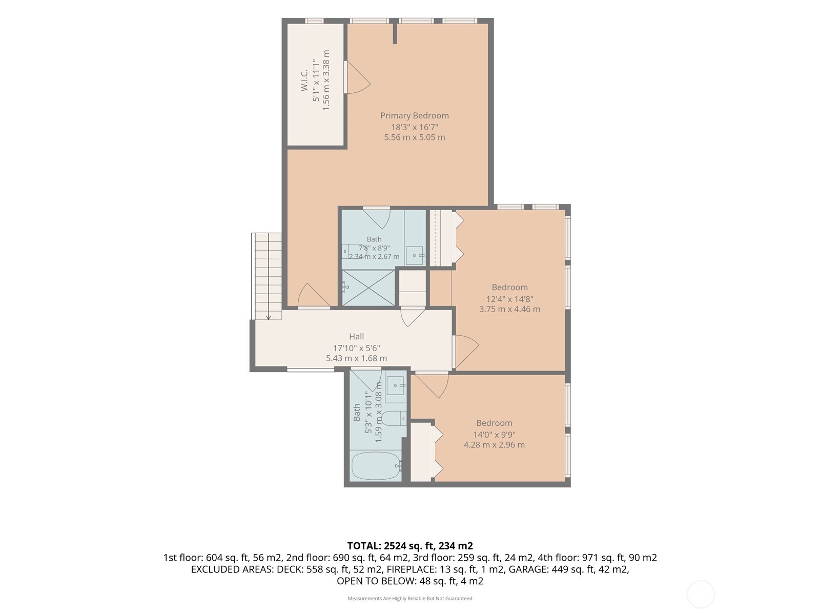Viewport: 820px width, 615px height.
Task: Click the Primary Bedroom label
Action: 414,116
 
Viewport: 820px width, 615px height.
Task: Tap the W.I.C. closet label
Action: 304,80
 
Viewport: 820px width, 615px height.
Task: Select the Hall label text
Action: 356,336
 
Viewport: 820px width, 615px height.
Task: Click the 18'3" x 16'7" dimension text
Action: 414,127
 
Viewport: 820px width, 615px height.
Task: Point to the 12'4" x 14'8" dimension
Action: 509,299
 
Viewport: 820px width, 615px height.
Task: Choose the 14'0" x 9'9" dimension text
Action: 494,435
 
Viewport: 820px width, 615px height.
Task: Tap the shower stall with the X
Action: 368,288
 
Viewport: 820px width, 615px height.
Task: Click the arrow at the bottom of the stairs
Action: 268,317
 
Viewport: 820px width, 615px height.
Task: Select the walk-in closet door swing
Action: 358,77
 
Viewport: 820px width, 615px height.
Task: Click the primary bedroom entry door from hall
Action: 314,296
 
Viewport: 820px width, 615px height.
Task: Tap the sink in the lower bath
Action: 396,386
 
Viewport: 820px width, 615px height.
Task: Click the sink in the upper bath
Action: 415,255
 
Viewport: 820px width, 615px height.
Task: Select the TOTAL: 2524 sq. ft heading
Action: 410,546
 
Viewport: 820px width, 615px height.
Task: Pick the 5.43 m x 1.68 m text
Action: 356,358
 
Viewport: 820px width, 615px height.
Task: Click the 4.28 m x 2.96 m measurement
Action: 494,445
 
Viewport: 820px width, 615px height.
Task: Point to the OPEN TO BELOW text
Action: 376,581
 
